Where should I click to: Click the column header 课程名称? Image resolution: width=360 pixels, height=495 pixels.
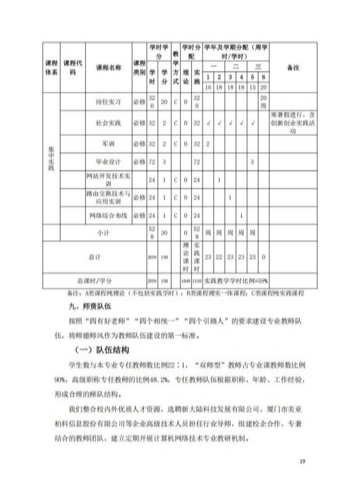108,67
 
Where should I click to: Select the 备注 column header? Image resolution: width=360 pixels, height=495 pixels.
293,67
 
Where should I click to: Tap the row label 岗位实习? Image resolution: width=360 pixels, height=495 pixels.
108,102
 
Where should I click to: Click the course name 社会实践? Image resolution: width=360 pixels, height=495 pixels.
108,123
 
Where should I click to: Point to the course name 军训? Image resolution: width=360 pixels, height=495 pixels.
108,144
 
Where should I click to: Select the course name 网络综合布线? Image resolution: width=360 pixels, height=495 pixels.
108,216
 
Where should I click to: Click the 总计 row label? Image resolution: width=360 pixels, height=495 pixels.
95,257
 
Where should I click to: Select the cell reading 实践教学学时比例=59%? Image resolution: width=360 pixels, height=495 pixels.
236,280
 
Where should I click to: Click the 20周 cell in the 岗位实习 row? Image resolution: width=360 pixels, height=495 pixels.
264,101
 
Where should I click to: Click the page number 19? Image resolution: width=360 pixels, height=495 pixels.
302,461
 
